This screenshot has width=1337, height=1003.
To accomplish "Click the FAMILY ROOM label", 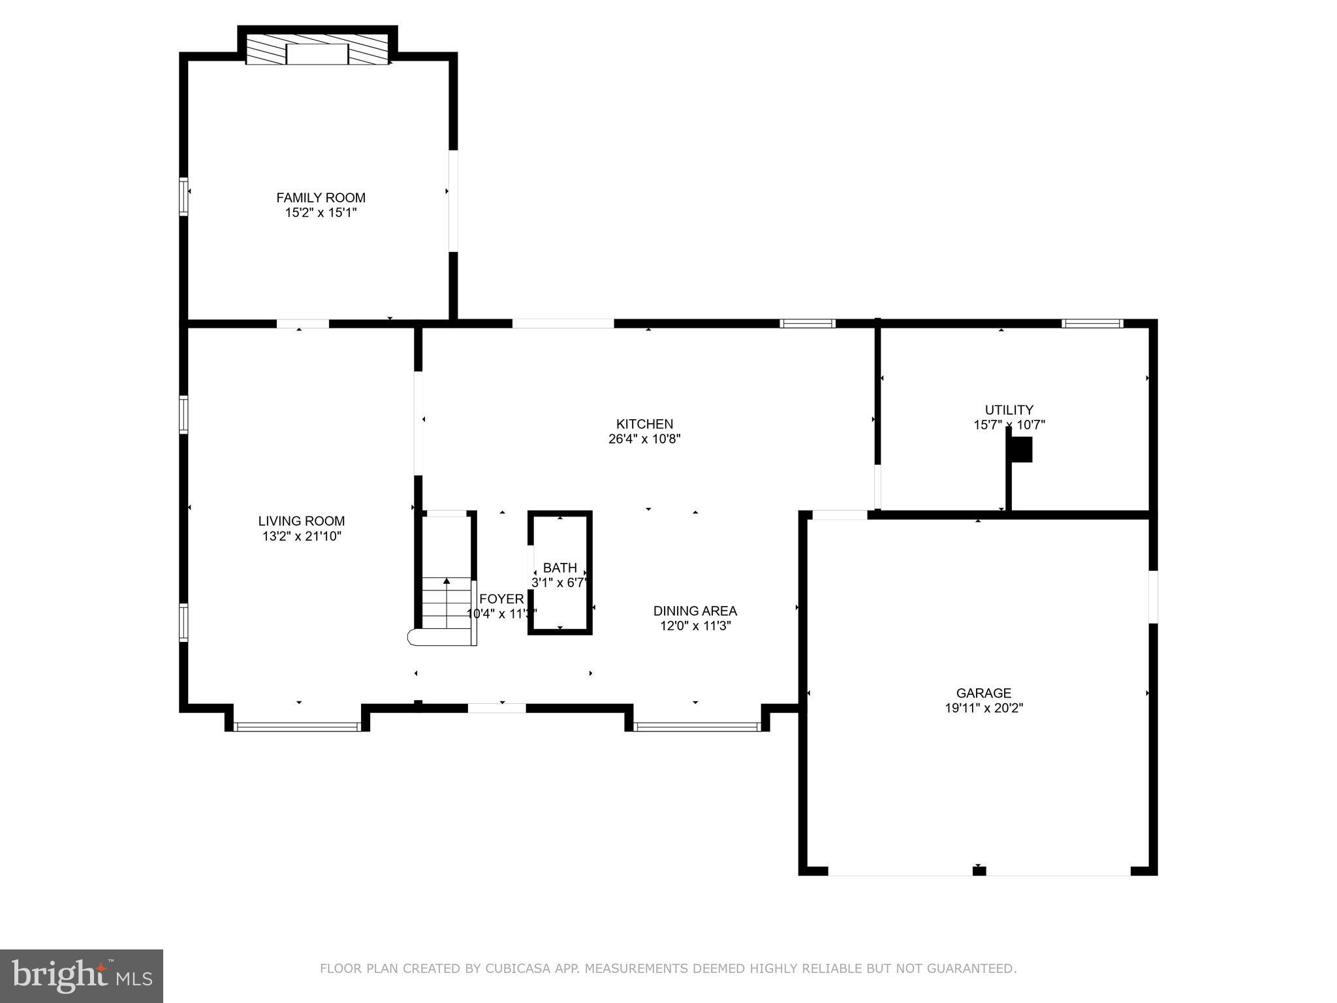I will (321, 197).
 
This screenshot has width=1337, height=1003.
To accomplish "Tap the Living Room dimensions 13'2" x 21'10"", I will (301, 536).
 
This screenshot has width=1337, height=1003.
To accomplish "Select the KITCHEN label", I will (644, 424).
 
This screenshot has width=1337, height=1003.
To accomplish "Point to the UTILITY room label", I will (1009, 409).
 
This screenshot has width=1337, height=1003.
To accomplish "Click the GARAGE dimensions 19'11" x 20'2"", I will (983, 708).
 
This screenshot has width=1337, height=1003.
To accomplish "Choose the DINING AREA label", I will (695, 611).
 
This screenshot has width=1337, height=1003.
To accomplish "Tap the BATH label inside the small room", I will (559, 567).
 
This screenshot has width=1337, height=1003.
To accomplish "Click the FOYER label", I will (501, 599).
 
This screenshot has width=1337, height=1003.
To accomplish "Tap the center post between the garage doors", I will (979, 870).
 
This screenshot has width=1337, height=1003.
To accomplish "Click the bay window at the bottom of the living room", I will (297, 726).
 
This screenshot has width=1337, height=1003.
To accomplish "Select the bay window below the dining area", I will (697, 726).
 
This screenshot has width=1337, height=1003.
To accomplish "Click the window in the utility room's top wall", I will (1092, 323).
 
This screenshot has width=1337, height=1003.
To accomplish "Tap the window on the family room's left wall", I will (184, 197).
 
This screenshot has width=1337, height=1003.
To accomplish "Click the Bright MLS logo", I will (82, 976).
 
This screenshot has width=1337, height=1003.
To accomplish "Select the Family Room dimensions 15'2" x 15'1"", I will (321, 213).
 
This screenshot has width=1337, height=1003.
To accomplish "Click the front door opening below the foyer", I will (497, 708).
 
